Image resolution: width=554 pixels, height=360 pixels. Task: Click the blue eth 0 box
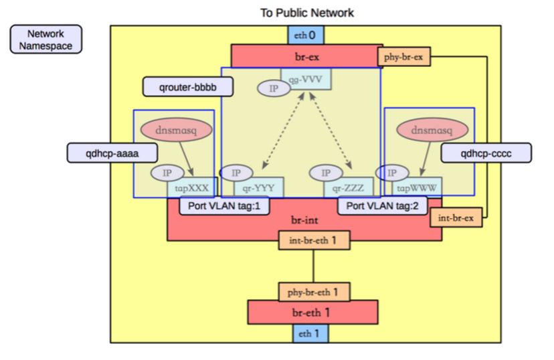point(307,35)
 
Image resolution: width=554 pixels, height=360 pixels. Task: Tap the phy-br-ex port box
point(403,58)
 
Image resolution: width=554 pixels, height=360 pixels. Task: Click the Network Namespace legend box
point(46,39)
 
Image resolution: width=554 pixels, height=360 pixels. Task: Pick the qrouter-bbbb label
point(188,86)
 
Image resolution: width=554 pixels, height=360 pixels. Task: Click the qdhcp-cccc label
point(486,153)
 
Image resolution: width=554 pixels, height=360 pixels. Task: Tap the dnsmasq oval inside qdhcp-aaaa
point(175,130)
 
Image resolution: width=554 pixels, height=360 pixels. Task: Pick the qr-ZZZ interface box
point(348,189)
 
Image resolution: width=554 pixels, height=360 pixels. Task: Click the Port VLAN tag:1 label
point(224,205)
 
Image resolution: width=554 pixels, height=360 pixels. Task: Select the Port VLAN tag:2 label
point(383,205)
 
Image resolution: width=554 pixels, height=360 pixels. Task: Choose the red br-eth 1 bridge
point(312,312)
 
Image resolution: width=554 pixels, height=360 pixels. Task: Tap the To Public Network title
point(307,13)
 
